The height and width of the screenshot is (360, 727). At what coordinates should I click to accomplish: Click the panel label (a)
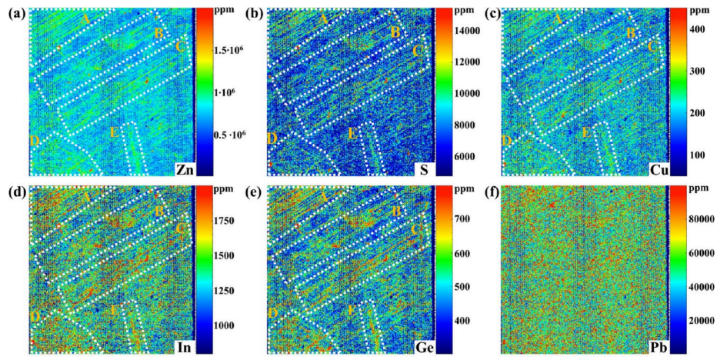click(13, 13)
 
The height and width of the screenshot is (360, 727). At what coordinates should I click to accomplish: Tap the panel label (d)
click(13, 190)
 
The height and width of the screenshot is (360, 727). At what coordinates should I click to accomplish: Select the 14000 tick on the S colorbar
click(457, 30)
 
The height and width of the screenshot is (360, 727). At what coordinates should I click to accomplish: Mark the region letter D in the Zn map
click(35, 141)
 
